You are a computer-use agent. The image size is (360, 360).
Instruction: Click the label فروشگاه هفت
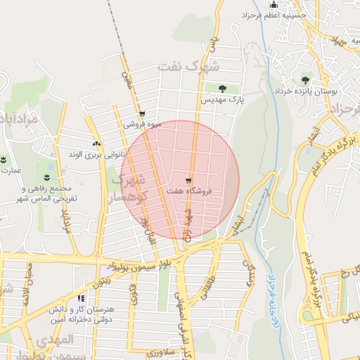[x=190, y=191]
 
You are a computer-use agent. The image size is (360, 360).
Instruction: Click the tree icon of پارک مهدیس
[x=222, y=89]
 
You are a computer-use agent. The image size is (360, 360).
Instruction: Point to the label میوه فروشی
[x=143, y=124]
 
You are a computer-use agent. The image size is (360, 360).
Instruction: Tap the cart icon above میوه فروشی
[x=143, y=114]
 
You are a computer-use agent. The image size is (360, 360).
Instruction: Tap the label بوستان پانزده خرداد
[x=307, y=92]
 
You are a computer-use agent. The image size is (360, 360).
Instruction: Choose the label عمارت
[x=11, y=170]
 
